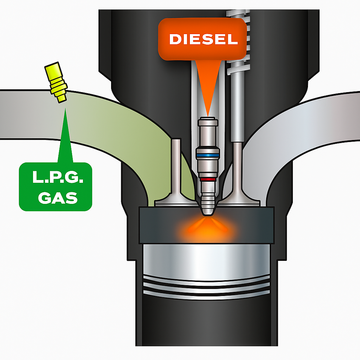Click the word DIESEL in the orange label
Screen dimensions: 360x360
(203, 39)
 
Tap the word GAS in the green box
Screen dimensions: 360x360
(57, 198)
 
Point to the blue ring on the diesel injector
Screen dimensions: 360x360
(207, 155)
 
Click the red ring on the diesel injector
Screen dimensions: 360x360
(207, 179)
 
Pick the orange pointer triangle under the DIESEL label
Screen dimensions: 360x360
(207, 88)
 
